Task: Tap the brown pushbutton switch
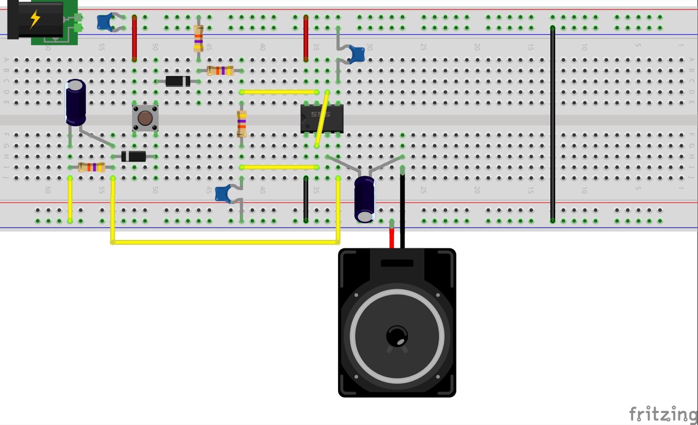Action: (145, 118)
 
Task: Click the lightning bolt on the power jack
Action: (35, 19)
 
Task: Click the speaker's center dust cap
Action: (396, 336)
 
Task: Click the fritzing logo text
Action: (663, 414)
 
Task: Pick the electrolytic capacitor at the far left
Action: (76, 102)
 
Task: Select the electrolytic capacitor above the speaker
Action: (364, 199)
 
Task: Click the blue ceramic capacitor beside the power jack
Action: (105, 22)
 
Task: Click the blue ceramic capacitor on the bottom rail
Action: (223, 194)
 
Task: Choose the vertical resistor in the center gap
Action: (242, 124)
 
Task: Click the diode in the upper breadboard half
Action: (178, 81)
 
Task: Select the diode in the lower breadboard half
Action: (134, 157)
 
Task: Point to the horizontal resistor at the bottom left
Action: (92, 167)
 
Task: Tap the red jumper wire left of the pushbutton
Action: (135, 38)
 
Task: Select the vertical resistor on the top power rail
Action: (198, 38)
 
